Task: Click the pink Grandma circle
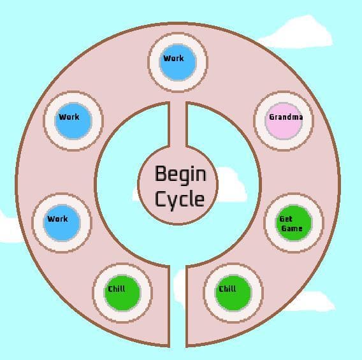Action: (x=284, y=121)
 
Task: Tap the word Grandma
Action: (x=286, y=117)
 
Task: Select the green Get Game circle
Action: (x=294, y=223)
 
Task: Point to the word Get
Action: (x=286, y=219)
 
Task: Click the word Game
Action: (x=292, y=228)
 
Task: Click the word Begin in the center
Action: (x=180, y=175)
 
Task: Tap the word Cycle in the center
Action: (x=180, y=199)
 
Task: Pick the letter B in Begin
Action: (x=161, y=173)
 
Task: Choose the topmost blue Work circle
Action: (x=178, y=62)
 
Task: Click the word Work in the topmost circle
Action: (x=173, y=58)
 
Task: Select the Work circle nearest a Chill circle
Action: (x=62, y=223)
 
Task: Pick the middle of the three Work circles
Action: (x=73, y=121)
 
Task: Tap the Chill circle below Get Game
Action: (x=233, y=293)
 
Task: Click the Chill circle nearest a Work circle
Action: (x=122, y=293)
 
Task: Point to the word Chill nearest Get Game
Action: (x=228, y=289)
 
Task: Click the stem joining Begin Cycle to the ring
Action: (x=178, y=125)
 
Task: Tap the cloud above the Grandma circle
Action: (x=298, y=32)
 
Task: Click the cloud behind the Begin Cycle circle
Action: (x=231, y=185)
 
